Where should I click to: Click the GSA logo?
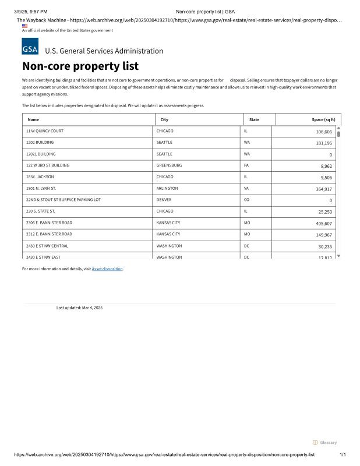(x=30, y=47)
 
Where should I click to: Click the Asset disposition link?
(x=107, y=269)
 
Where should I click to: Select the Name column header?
(x=33, y=119)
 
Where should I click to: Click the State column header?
(x=254, y=119)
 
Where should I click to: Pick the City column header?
(x=164, y=119)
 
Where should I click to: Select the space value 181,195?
(x=324, y=143)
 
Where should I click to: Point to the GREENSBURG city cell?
(x=169, y=165)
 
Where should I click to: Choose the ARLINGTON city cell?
(x=167, y=189)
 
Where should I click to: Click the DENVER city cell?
(x=164, y=200)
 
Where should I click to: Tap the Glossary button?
(x=324, y=443)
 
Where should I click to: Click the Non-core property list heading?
(x=80, y=66)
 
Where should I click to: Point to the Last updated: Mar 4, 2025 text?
(x=79, y=308)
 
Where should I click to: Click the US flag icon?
(x=24, y=26)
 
